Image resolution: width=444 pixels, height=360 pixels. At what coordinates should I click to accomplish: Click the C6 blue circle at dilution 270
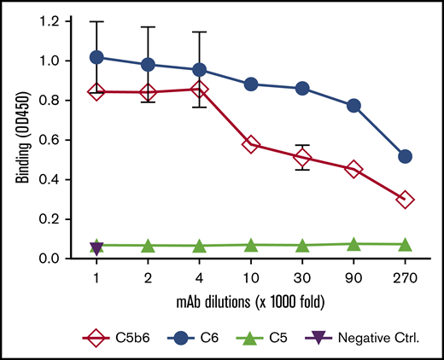(406, 156)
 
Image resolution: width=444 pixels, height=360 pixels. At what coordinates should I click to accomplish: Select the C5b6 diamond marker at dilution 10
(251, 144)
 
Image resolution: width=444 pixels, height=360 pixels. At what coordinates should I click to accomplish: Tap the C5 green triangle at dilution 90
(353, 245)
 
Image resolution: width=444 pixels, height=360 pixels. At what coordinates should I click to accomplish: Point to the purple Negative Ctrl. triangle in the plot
(96, 247)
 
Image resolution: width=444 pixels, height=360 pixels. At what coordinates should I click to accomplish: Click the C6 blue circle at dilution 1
(96, 57)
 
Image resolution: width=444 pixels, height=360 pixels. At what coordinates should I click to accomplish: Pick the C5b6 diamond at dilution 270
(406, 199)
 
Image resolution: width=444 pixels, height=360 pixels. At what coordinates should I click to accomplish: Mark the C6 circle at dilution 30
(302, 89)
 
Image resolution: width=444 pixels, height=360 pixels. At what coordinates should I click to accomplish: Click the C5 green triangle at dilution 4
(200, 246)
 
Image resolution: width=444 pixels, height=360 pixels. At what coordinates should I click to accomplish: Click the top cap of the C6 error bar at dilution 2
(149, 27)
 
